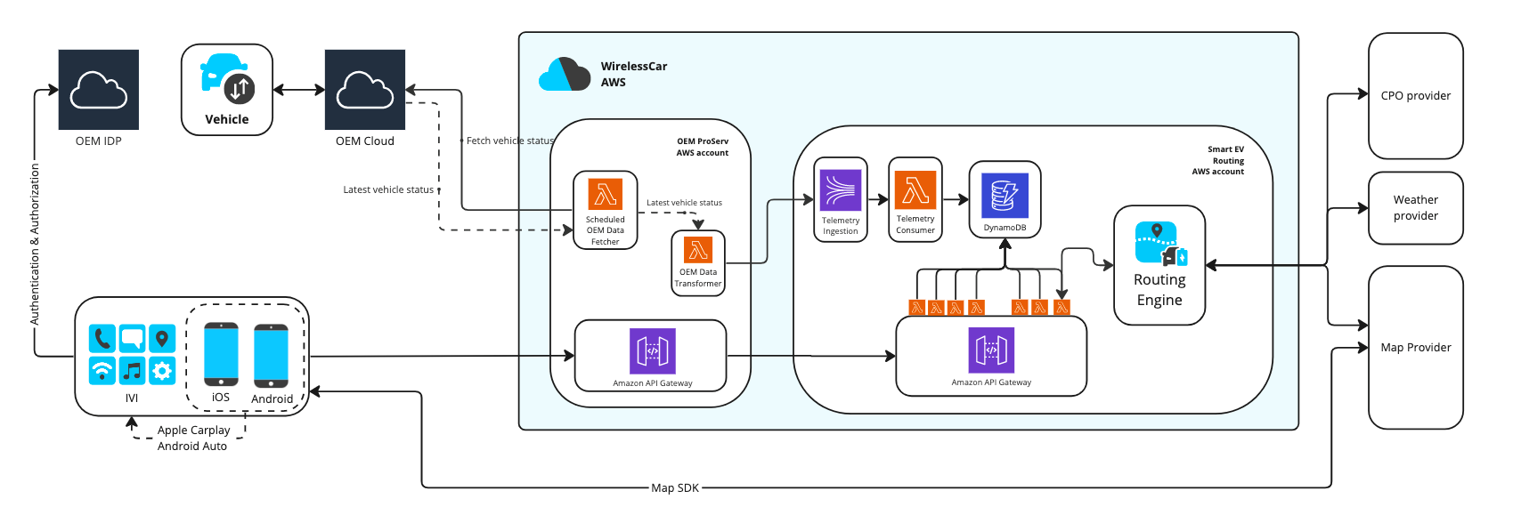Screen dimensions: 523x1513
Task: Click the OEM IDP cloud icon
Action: [98, 90]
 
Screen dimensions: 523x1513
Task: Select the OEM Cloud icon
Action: [365, 90]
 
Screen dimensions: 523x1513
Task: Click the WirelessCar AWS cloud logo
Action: [565, 75]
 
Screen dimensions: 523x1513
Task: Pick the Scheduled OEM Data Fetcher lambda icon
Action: [606, 194]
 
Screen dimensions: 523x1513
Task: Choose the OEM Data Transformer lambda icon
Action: [698, 250]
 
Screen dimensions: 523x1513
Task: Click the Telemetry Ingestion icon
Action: [841, 190]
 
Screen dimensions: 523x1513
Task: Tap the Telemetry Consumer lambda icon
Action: [915, 190]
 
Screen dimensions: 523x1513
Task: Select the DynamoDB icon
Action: [1005, 196]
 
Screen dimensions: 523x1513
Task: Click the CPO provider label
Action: [1416, 96]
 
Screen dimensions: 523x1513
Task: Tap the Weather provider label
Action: [1416, 208]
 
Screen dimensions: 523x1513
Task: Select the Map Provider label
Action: [1416, 348]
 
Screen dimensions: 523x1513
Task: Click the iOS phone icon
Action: [221, 354]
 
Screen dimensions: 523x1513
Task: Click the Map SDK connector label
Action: [675, 488]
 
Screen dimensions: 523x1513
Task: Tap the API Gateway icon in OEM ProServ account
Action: [653, 351]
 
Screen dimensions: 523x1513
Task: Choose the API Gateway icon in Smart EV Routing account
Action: [991, 350]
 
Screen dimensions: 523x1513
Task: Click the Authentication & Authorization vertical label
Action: [35, 244]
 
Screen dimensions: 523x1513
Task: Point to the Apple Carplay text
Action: [193, 430]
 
